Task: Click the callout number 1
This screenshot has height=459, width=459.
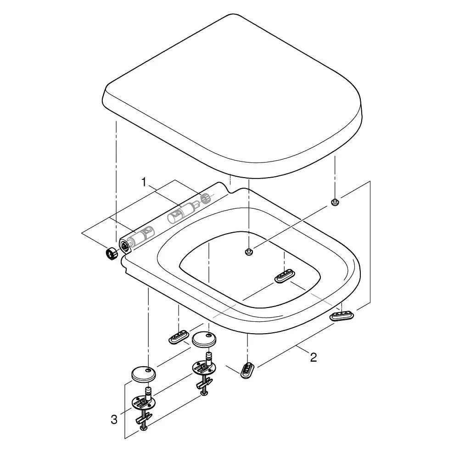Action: point(143,182)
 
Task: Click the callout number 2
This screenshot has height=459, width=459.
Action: point(313,357)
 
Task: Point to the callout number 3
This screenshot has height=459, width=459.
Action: point(114,420)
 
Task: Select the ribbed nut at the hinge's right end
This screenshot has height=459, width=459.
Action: point(206,198)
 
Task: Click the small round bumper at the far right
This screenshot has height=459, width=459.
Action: point(335,202)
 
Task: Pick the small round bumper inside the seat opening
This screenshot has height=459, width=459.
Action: point(249,252)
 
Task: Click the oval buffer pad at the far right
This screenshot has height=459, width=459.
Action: point(341,316)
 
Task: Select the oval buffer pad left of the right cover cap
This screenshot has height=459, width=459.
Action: point(179,337)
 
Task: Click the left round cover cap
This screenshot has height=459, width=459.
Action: point(143,374)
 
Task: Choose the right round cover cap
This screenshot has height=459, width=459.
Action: point(204,339)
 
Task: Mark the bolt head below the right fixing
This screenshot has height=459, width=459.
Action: point(204,393)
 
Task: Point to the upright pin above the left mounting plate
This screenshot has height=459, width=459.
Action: point(148,393)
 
